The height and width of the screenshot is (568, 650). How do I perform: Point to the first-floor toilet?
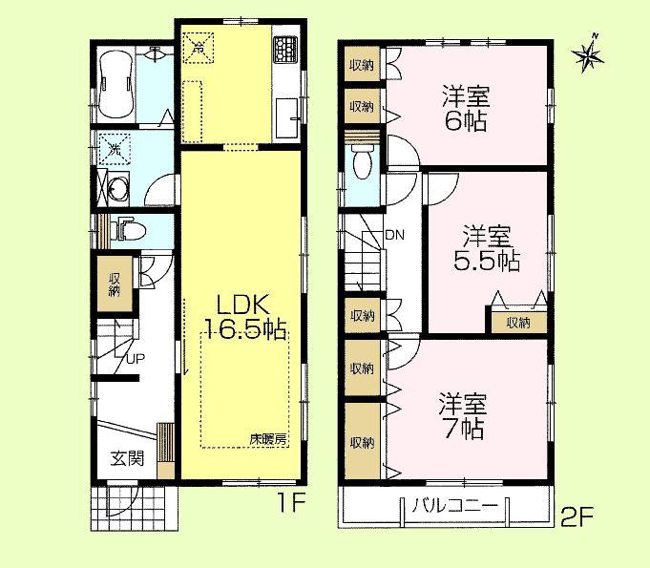pyautogui.click(x=126, y=229)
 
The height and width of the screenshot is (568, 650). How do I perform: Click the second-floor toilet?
pyautogui.click(x=361, y=164)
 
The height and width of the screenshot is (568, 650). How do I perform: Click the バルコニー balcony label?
pyautogui.click(x=454, y=504)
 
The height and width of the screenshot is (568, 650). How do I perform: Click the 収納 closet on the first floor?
pyautogui.click(x=114, y=283)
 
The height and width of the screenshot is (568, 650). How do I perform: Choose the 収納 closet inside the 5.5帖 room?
pyautogui.click(x=518, y=322)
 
